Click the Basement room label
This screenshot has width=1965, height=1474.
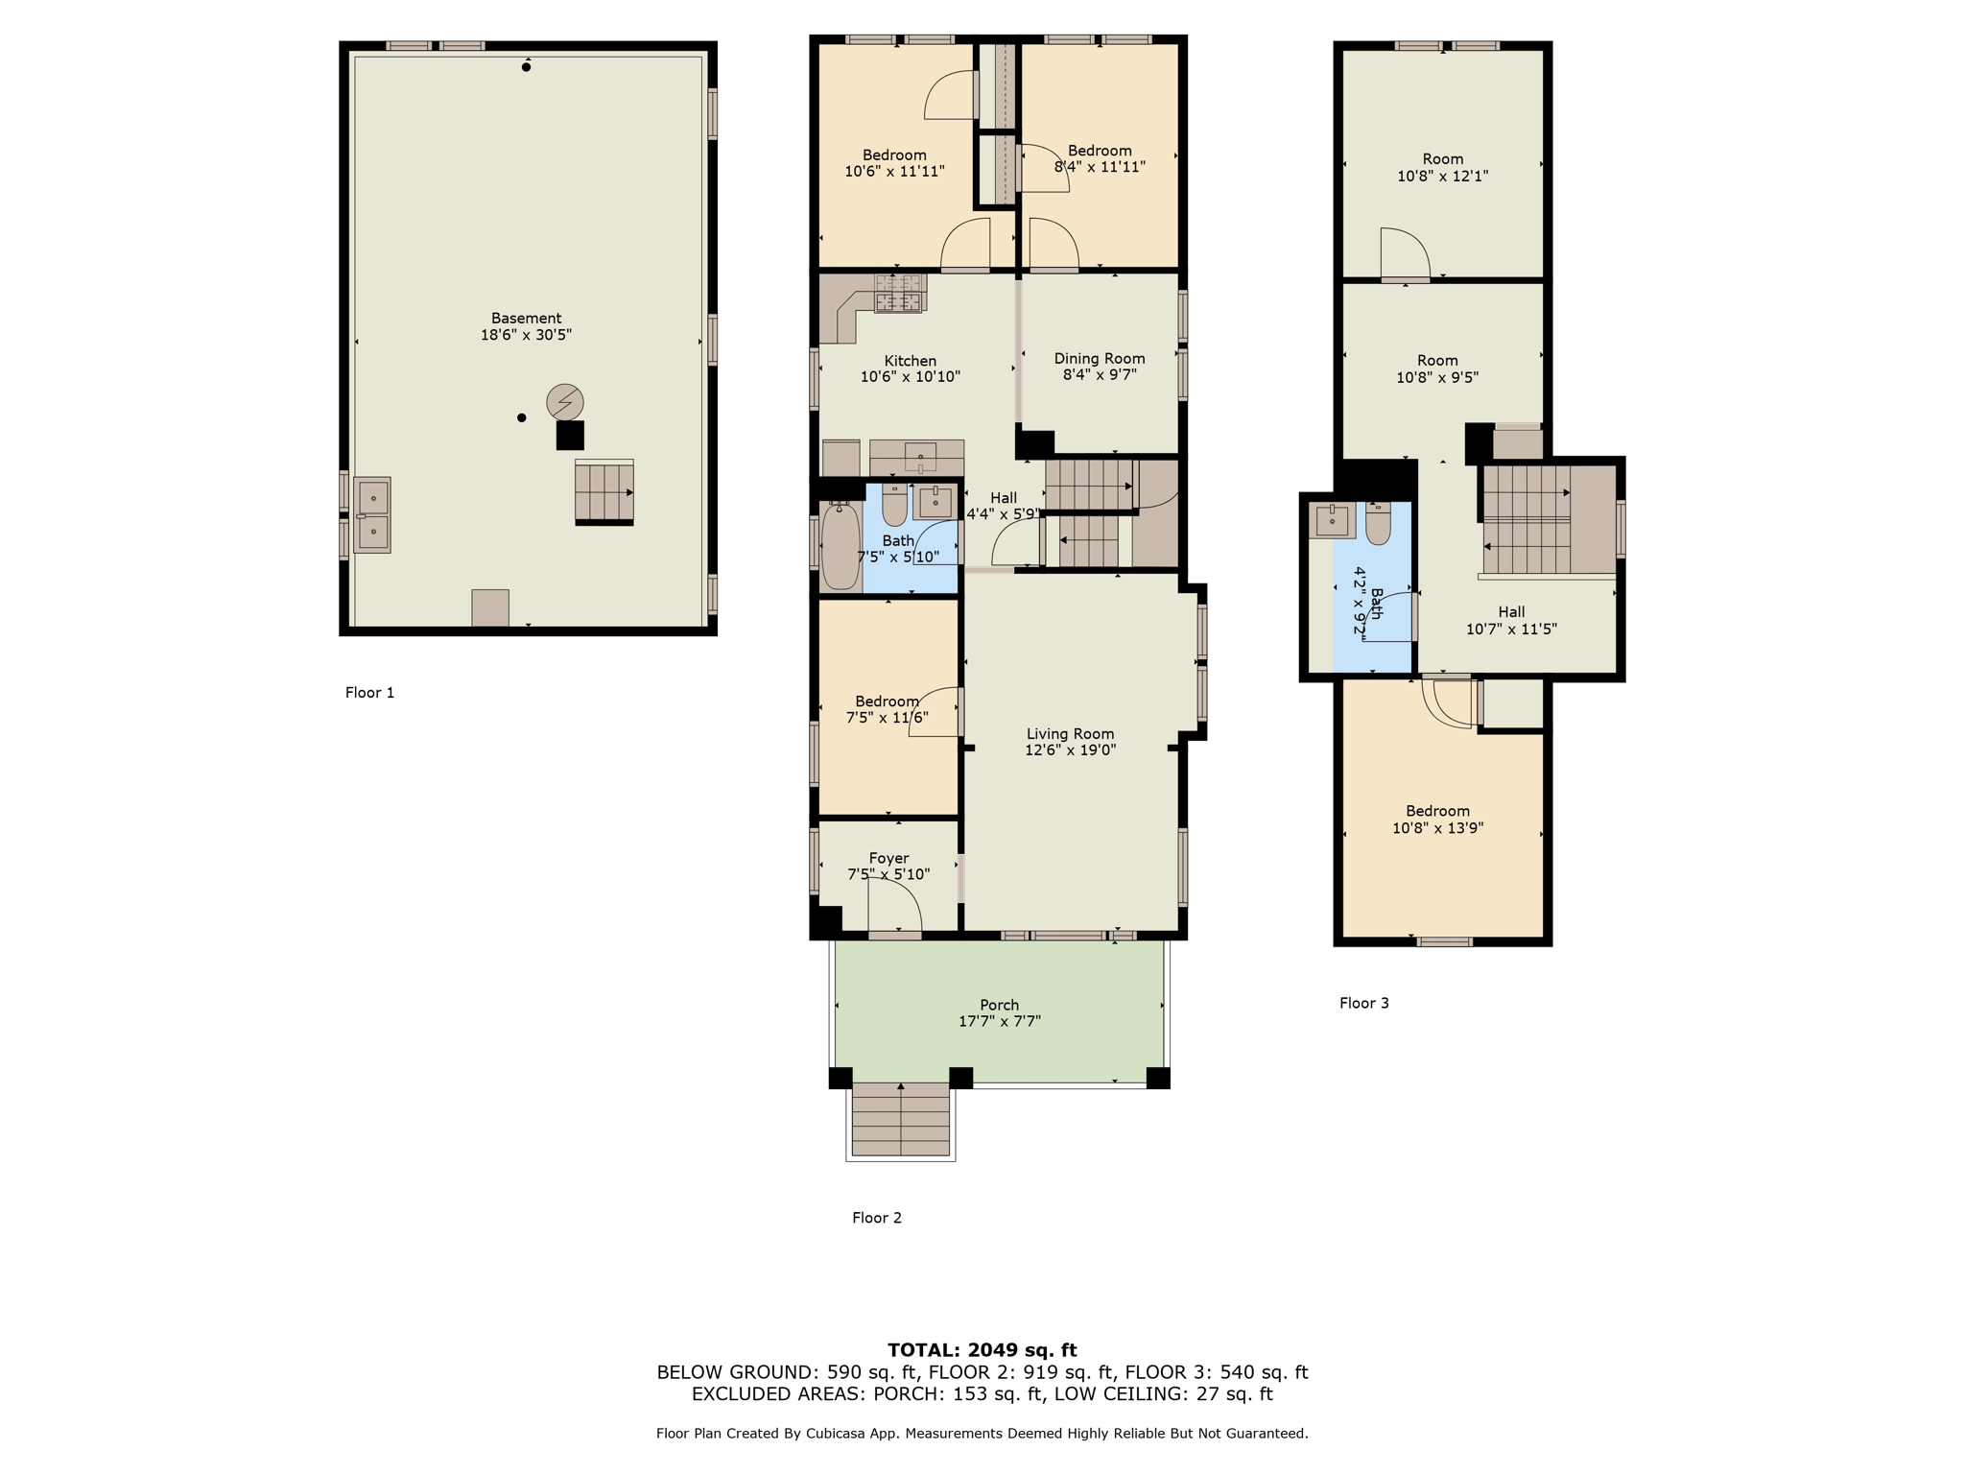click(x=526, y=319)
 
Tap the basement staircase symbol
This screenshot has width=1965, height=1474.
click(x=604, y=491)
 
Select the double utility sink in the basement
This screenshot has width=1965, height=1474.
click(x=372, y=515)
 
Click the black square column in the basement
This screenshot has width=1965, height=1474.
click(x=570, y=436)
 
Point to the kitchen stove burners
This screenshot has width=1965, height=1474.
click(x=899, y=293)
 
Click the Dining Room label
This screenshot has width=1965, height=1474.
click(x=1100, y=359)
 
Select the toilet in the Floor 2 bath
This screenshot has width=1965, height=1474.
click(x=894, y=507)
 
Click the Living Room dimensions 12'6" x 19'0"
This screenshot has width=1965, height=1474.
click(x=1070, y=750)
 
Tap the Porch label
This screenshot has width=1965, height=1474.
click(x=999, y=1005)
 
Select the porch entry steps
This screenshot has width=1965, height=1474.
click(x=900, y=1119)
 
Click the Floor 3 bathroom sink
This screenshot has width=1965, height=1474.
click(x=1332, y=521)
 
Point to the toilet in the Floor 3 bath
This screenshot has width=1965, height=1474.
click(x=1378, y=523)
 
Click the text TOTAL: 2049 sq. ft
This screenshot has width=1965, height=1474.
click(x=982, y=1350)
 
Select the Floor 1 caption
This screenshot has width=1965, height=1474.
click(x=369, y=693)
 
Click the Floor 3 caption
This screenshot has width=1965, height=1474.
click(x=1363, y=1003)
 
